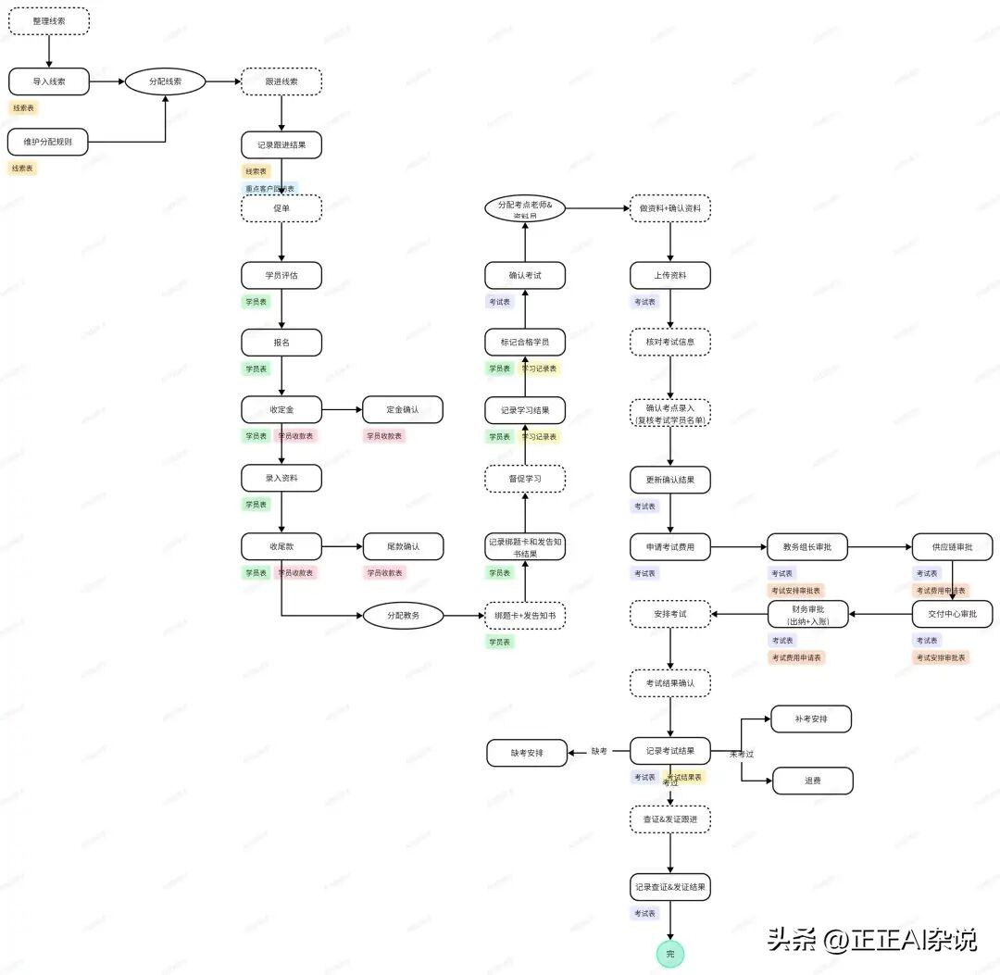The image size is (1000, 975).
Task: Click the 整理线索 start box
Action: point(49,20)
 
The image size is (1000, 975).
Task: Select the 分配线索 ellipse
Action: point(165,81)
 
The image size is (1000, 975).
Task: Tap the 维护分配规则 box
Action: point(48,142)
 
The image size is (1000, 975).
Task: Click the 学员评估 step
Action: point(281,275)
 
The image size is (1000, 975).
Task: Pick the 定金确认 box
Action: point(403,409)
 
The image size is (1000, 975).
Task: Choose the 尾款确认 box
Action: point(403,546)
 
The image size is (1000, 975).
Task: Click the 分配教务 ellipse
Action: point(403,615)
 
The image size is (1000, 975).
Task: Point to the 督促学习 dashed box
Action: point(525,479)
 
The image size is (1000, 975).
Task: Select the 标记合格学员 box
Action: point(525,343)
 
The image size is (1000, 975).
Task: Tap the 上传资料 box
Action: point(670,275)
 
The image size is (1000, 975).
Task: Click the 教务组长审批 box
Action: point(807,546)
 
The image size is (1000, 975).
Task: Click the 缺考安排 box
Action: point(527,753)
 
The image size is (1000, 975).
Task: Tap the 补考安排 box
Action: point(811,719)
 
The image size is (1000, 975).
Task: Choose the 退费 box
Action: point(812,781)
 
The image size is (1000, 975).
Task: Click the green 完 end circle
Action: point(670,954)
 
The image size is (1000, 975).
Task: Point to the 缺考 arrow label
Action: point(599,751)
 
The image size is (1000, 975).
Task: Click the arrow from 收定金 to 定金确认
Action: point(342,409)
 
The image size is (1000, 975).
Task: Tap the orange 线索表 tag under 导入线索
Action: point(23,107)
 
